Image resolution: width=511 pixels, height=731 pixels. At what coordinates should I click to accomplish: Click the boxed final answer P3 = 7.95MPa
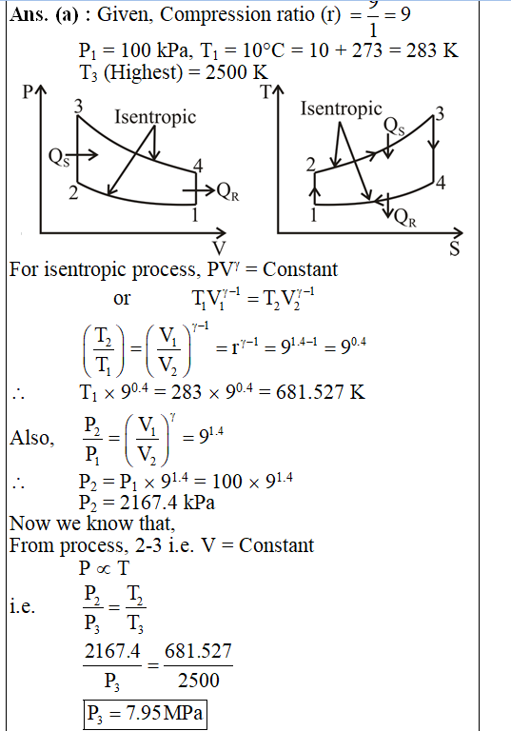point(145,713)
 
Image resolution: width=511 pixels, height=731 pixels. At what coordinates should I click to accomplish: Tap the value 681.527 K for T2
point(321,392)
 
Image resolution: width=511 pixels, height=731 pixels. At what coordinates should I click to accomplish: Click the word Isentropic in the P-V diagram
point(155,117)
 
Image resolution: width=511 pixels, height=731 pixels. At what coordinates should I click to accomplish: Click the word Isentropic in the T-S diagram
point(341,109)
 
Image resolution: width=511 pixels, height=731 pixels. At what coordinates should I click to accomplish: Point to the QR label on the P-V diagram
point(228,191)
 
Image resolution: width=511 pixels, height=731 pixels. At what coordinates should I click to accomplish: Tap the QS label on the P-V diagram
point(59,158)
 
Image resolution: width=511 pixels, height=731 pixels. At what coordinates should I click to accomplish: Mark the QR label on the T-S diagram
point(404,217)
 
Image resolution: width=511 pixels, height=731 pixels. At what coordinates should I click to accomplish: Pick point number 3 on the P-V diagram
point(78,107)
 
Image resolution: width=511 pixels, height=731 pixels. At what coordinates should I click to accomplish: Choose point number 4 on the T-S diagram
point(441,183)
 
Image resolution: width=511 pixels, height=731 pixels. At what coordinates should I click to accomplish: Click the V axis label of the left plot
point(219,248)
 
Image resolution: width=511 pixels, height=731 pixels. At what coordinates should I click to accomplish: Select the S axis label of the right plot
point(455,249)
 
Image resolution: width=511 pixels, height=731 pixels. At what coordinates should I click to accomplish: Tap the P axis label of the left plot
point(28,92)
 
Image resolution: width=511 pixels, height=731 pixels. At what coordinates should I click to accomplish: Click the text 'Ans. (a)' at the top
point(44,15)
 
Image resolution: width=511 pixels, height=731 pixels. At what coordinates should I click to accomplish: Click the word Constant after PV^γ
point(301,269)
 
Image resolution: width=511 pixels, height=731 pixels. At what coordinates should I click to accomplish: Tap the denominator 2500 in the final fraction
point(198,681)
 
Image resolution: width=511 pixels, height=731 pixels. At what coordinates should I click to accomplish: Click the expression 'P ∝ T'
point(104,568)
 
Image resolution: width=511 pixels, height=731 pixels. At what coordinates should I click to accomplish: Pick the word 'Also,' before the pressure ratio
point(32,438)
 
